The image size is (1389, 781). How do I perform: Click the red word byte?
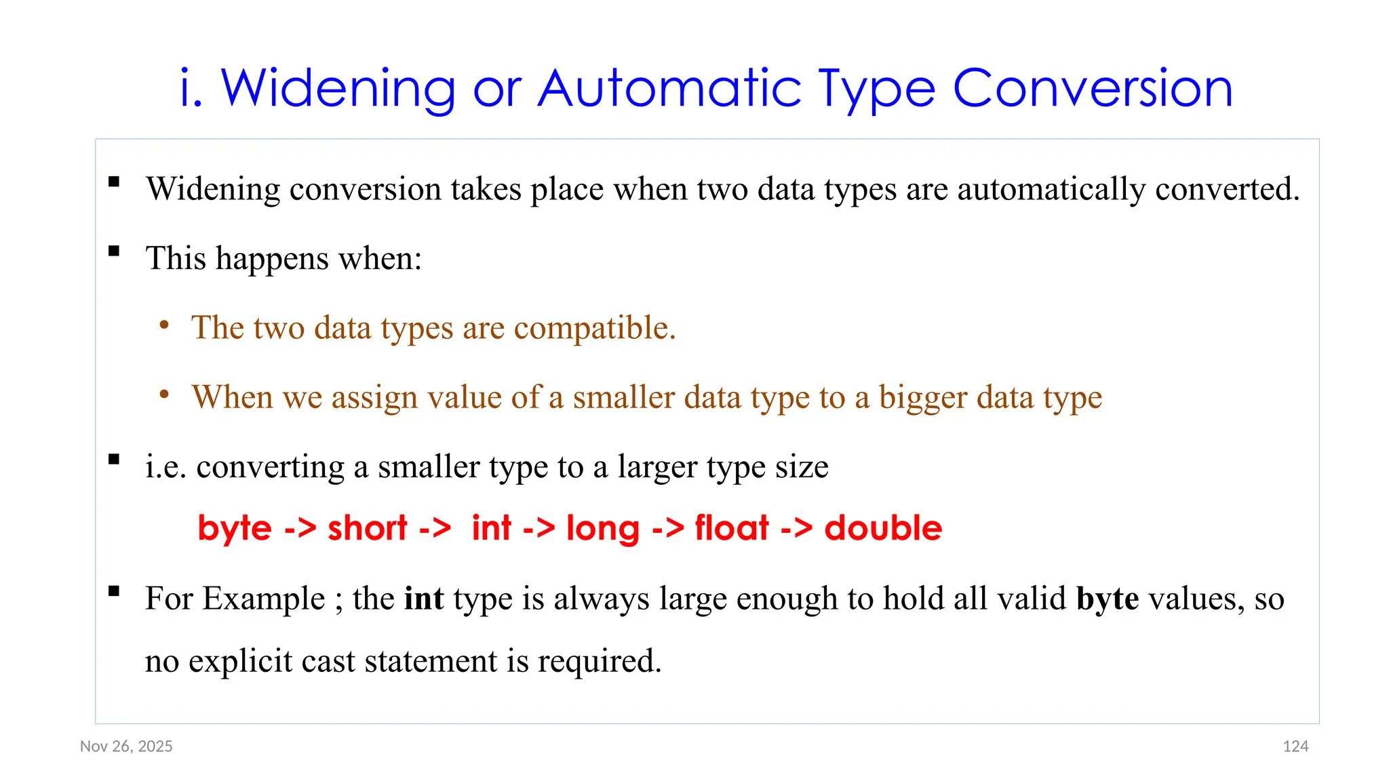[234, 528]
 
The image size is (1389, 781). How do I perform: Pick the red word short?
[367, 528]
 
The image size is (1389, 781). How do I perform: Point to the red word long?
[602, 528]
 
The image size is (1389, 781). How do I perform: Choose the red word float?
[732, 528]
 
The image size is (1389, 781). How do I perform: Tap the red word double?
[883, 528]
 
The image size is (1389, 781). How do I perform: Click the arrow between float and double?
[796, 528]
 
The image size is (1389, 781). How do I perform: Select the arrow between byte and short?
[300, 528]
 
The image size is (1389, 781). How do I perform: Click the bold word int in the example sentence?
[424, 598]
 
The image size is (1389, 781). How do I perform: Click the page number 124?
[1295, 746]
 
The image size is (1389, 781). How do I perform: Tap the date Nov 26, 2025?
[126, 746]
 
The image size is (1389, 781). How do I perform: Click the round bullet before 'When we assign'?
[163, 395]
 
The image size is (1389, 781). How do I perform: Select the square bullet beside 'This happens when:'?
[114, 252]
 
